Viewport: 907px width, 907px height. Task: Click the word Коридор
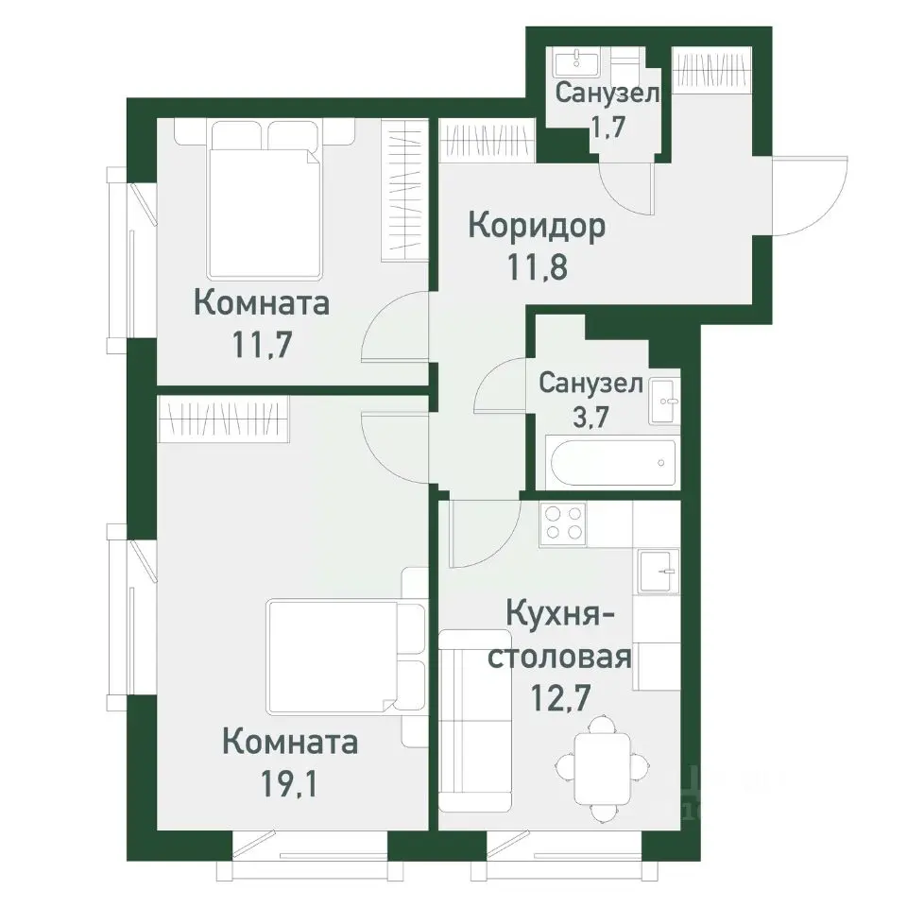[x=537, y=227]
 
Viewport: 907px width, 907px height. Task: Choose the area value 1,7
[x=607, y=126]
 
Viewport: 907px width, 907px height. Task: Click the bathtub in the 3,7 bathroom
[x=611, y=463]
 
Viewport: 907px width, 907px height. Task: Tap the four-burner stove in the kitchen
[x=563, y=523]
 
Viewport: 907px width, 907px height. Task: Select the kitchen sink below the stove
[x=659, y=571]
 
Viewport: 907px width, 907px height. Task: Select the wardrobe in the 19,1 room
[x=223, y=417]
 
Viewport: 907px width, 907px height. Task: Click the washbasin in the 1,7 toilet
[x=576, y=63]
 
